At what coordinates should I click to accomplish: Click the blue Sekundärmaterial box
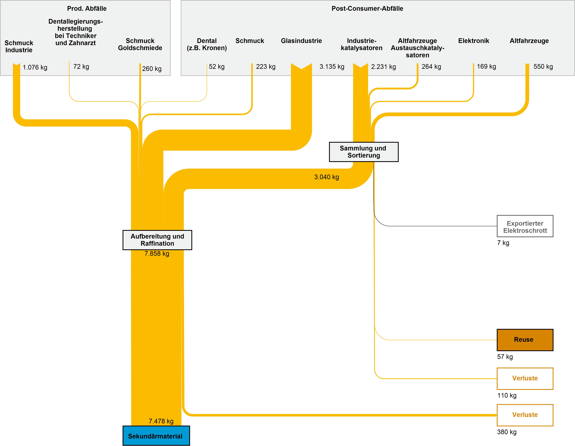(156, 436)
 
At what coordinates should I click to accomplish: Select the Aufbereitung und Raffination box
(157, 240)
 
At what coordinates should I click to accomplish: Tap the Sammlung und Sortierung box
(364, 152)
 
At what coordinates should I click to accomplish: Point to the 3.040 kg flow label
(326, 177)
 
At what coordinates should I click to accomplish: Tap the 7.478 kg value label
(161, 421)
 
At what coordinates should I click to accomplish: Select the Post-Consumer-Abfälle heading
(367, 8)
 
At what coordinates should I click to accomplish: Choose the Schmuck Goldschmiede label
(140, 44)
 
